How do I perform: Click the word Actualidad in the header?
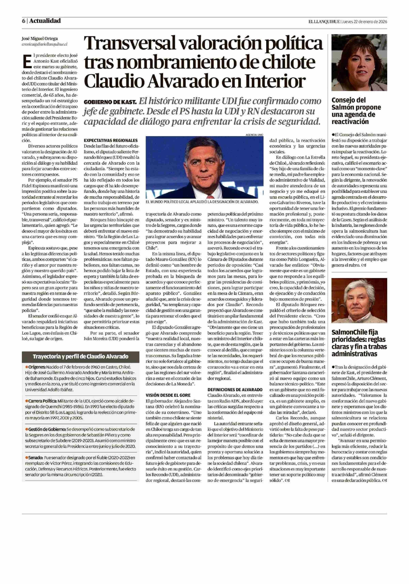[45, 21]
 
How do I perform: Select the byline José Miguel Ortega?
[40, 39]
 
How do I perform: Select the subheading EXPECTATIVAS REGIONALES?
[111, 140]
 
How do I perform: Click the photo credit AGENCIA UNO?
[254, 135]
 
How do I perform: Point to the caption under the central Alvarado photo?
[202, 202]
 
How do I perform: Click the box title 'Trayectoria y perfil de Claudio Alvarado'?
[80, 357]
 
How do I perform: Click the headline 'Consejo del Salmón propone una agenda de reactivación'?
[356, 111]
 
